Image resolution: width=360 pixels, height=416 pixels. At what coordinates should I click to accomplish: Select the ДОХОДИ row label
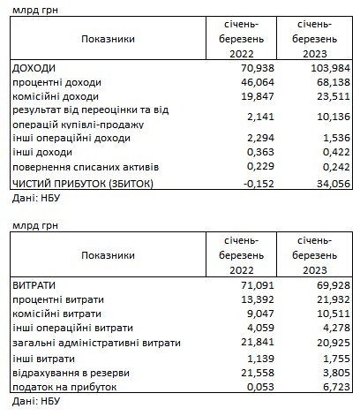pos(34,68)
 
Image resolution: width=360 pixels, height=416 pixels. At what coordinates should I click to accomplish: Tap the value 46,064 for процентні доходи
pos(256,81)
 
